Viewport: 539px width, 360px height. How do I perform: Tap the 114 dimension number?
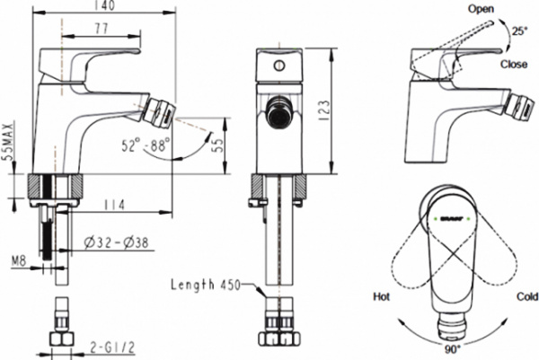click(112, 204)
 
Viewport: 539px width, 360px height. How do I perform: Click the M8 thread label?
click(21, 262)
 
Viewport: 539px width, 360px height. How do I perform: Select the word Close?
click(514, 66)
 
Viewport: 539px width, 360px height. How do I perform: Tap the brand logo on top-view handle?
click(450, 216)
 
